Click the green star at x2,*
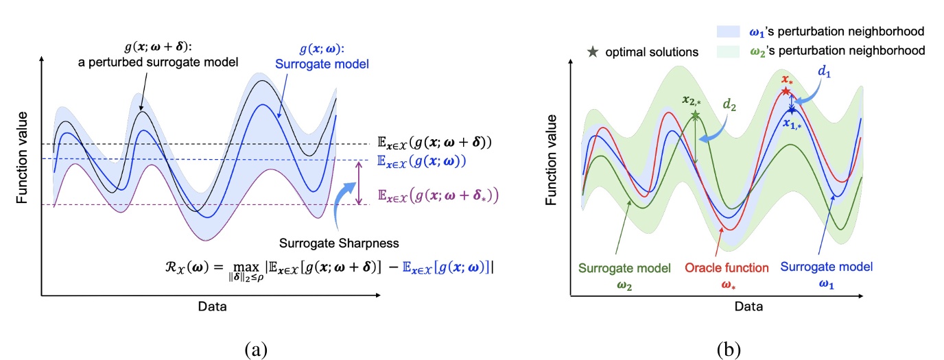(696, 115)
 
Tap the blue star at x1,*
(792, 109)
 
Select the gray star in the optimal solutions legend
(594, 51)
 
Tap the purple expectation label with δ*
(438, 195)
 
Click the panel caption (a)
(255, 350)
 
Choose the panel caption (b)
(729, 350)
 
